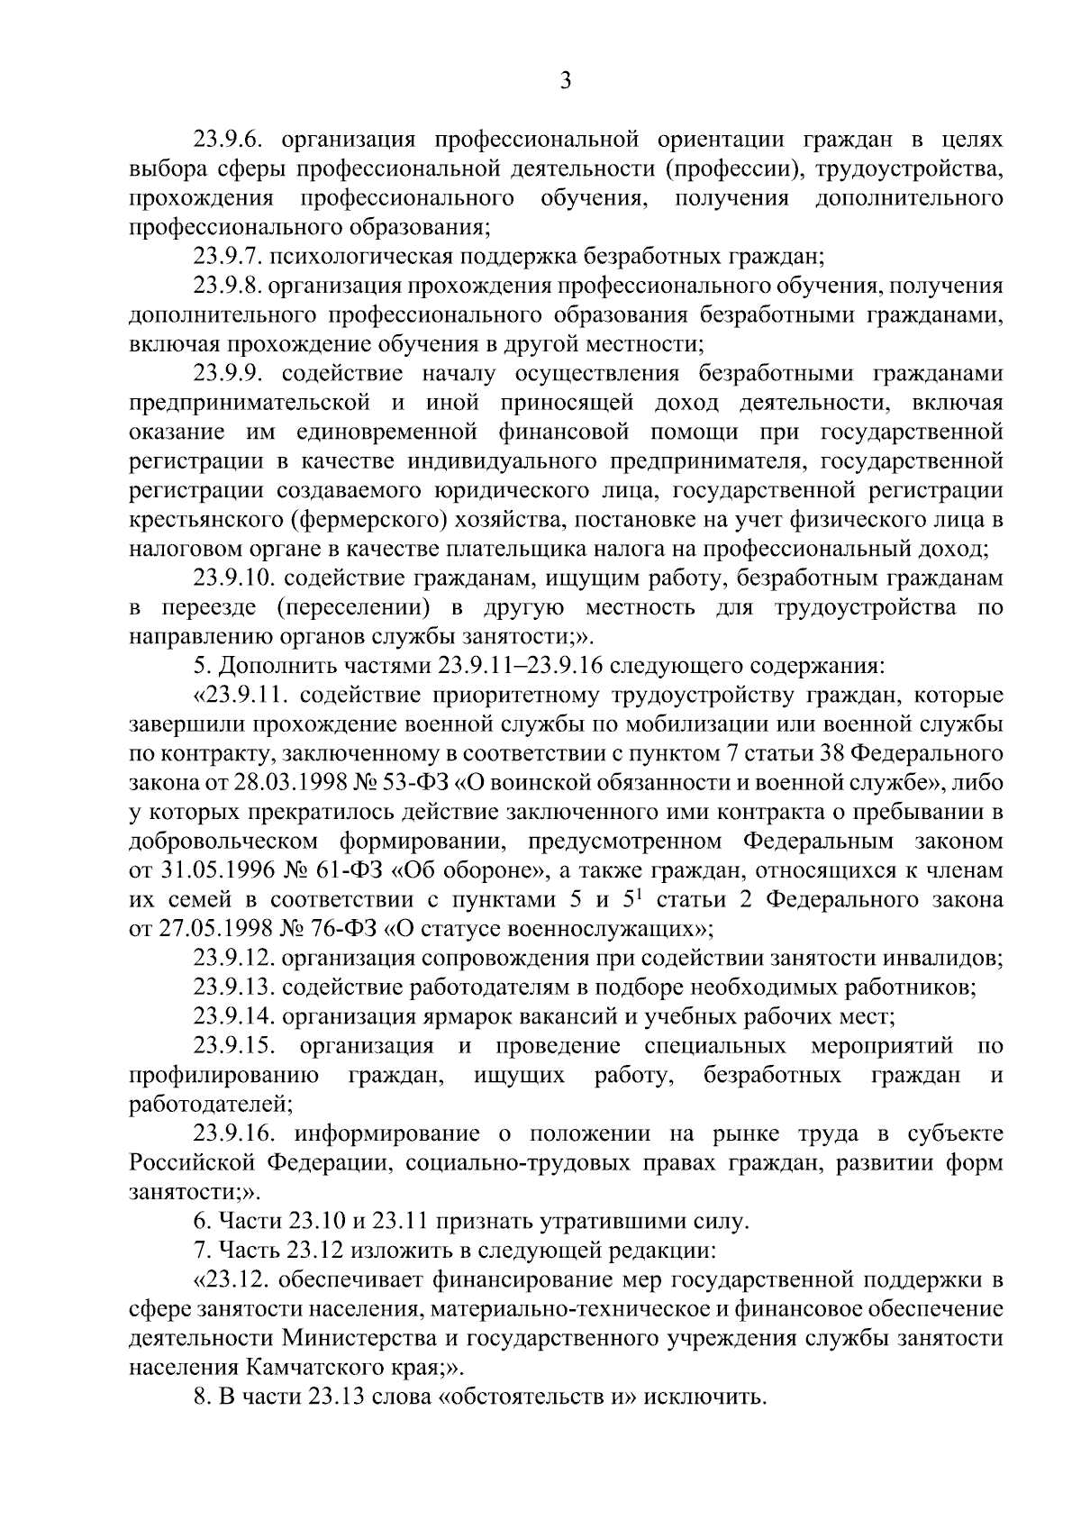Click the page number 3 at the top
tap(566, 81)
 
